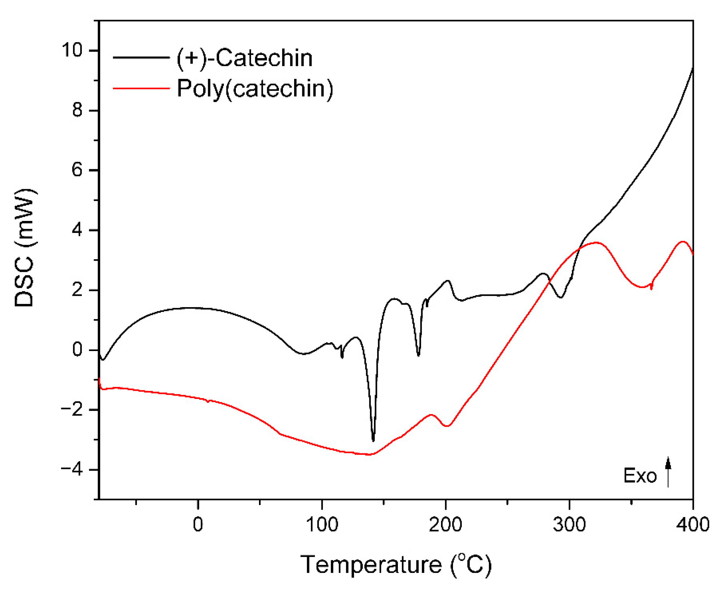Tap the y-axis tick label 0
[77, 350]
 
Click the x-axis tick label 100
[322, 525]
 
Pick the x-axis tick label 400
[692, 525]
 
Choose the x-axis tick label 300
[569, 525]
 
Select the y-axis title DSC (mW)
[25, 248]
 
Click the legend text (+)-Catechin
[244, 58]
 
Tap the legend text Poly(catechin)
[255, 89]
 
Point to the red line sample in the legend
[141, 89]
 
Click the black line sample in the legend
[141, 58]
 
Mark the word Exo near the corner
[640, 476]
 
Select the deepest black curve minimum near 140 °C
[373, 440]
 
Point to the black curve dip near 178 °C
[418, 355]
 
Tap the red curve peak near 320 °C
[596, 243]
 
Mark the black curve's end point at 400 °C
[692, 68]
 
